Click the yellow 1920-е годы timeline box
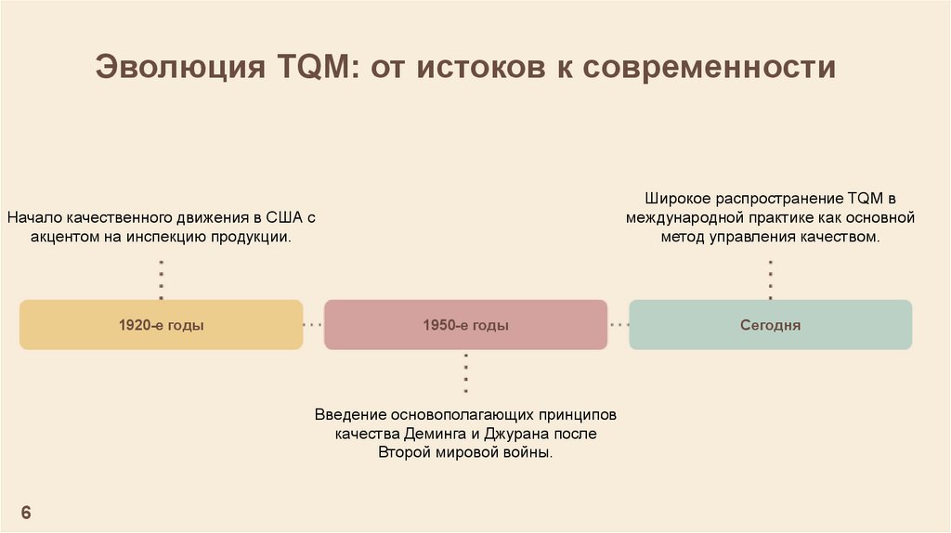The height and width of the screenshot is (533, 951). coord(161,325)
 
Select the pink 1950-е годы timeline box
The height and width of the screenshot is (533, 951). coord(465,325)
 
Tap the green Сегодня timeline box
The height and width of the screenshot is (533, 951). coord(770,325)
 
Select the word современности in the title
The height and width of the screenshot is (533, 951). coord(710,68)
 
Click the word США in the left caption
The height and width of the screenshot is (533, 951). coord(285,219)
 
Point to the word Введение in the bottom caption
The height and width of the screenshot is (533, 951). coord(350,414)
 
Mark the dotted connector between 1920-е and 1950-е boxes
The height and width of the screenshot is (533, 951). coord(313,325)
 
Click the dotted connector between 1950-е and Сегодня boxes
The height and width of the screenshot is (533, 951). coord(619,325)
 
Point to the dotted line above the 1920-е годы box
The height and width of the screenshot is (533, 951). coord(161,279)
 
